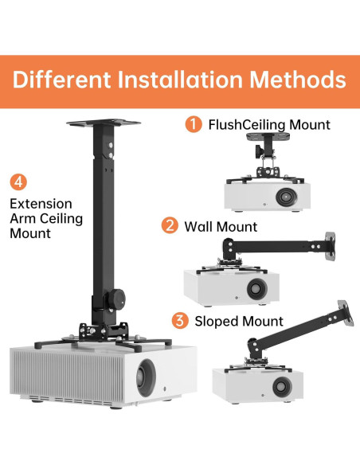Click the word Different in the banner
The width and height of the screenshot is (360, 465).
[x=61, y=80]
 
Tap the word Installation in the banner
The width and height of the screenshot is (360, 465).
[x=180, y=80]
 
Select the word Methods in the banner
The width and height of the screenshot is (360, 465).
[x=298, y=80]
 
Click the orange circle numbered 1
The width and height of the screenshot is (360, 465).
[x=194, y=124]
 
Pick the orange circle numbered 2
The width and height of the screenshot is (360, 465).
[x=170, y=225]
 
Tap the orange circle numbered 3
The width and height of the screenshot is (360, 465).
[x=180, y=321]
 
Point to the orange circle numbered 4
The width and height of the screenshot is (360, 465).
[x=18, y=182]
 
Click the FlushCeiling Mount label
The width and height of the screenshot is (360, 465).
[x=269, y=124]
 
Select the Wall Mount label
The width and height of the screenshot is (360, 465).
[x=221, y=227]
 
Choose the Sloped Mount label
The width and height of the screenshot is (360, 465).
[x=239, y=322]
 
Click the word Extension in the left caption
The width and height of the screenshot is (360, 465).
[x=41, y=204]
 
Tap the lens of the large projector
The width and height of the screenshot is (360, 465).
[x=146, y=377]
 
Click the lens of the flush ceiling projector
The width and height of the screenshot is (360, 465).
[x=286, y=197]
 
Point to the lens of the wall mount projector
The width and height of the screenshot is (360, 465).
[x=256, y=288]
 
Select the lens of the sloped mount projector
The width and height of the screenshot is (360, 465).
[x=282, y=387]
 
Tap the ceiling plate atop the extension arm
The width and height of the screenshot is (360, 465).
[x=104, y=122]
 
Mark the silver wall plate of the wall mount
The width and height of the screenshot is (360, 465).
[x=331, y=247]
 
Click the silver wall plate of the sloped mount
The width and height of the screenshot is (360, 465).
[x=346, y=313]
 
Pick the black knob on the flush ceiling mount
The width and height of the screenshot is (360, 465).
[x=259, y=151]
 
